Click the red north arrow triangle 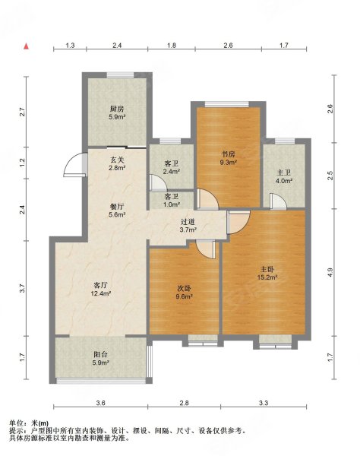[26, 46]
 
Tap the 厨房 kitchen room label [117, 113]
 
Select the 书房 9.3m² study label [229, 158]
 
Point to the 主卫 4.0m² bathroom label [284, 176]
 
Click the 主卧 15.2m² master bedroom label [267, 274]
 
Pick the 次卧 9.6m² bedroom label [185, 293]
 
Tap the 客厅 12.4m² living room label [101, 289]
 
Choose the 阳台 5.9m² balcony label [100, 358]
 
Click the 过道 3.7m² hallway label [188, 226]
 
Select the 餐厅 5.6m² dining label [117, 211]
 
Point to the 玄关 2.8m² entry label [117, 163]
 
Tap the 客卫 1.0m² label [172, 201]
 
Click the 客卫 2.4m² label [172, 167]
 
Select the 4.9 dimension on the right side [330, 272]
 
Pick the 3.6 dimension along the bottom [100, 403]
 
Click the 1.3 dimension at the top [71, 45]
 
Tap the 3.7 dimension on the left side [24, 288]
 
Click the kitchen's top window [121, 75]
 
